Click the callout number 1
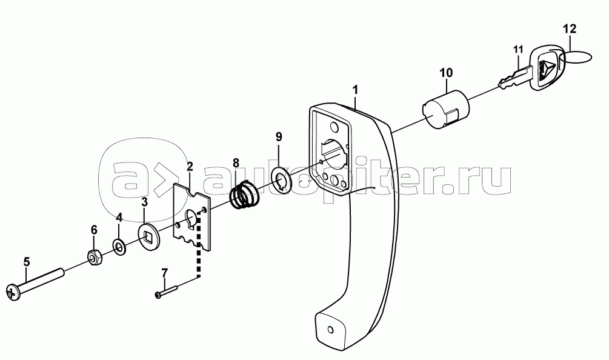[355, 90]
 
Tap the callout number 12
[570, 28]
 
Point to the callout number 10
[446, 72]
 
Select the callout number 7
[164, 273]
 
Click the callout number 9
[279, 136]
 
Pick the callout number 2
[190, 167]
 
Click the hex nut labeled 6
[94, 258]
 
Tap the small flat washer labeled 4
[119, 246]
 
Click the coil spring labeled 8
[244, 195]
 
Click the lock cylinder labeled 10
[445, 110]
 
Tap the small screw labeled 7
[166, 292]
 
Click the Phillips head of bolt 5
[13, 292]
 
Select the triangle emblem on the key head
[548, 68]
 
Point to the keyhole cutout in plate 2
[190, 218]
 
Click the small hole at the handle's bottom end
[330, 330]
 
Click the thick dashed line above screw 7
[199, 247]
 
